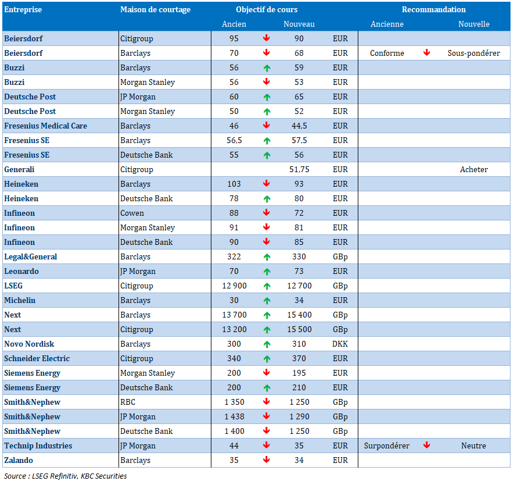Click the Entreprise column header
coord(23,9)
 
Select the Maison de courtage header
coord(156,9)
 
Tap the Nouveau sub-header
coord(299,24)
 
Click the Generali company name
coord(19,169)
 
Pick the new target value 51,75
coord(299,169)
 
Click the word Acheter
coord(474,169)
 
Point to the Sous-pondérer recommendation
coord(474,53)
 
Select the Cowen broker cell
coord(132,213)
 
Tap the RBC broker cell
coord(128,402)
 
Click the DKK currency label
coord(340,344)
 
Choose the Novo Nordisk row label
coord(29,344)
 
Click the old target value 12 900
coord(234,286)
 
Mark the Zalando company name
coord(19,460)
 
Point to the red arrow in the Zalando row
coord(267,459)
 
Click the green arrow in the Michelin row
coord(267,301)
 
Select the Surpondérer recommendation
coord(387,446)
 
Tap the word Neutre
coord(474,446)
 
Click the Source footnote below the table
coord(66,476)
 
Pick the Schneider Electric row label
coord(37,358)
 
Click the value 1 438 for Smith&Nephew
coord(234,416)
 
